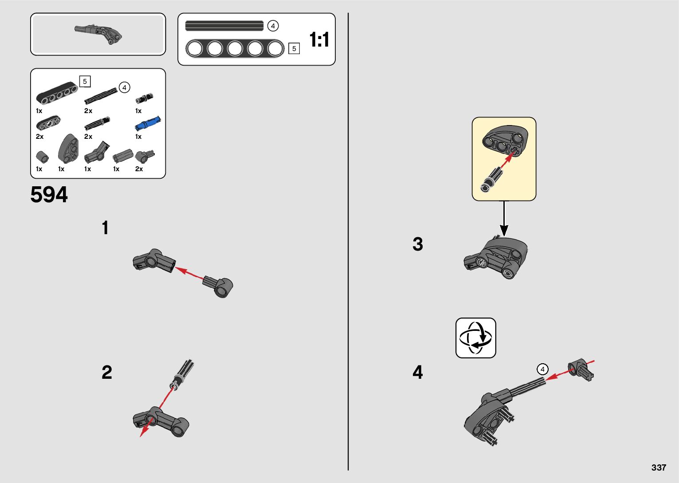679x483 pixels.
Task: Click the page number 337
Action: [659, 467]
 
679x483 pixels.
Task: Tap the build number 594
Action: [49, 195]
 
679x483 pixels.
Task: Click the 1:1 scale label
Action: [319, 40]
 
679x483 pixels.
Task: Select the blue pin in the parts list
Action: [148, 124]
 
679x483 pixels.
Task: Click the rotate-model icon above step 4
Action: [475, 338]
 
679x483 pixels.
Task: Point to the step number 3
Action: [418, 244]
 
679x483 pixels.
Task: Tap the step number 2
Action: [107, 372]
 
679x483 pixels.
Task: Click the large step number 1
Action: [105, 228]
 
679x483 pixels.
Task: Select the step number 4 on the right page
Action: [418, 372]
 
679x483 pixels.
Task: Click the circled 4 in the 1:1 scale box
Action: [273, 26]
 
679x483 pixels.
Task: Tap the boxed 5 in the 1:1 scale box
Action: [294, 49]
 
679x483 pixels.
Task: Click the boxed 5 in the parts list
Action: [85, 82]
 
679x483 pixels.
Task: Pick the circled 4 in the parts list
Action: [125, 88]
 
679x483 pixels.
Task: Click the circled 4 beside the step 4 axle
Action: [542, 369]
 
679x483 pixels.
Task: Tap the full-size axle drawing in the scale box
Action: [224, 26]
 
